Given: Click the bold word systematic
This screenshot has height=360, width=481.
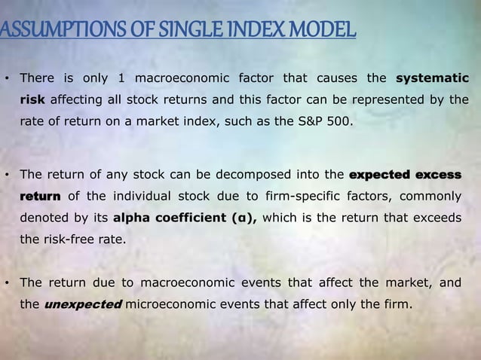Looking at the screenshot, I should point(432,78).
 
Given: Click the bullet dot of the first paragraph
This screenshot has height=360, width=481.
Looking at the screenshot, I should point(7,78).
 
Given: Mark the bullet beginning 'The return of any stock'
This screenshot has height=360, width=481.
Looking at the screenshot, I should point(7,175).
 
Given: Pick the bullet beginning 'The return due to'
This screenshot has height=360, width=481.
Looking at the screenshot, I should point(7,284).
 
